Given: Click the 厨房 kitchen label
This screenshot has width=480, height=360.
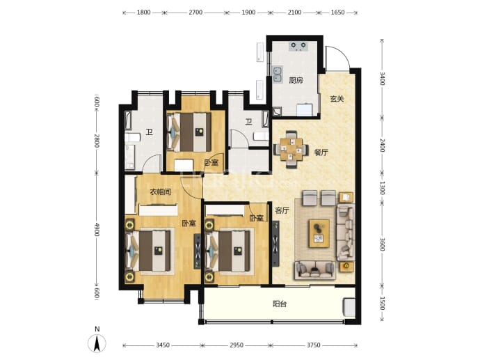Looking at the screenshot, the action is pos(296,81).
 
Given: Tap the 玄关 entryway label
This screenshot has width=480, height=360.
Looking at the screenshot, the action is pos(337,99).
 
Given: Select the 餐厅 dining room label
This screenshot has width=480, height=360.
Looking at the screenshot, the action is pos(321,152).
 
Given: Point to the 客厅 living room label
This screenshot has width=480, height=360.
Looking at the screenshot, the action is pos(282,210).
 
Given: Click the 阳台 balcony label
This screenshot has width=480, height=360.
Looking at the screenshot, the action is pos(280,304).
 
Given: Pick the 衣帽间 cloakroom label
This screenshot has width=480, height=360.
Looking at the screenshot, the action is pos(161,192).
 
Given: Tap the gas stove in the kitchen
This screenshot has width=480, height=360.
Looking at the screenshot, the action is pos(298,46).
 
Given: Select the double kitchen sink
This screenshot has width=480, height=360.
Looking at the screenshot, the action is pos(278,75).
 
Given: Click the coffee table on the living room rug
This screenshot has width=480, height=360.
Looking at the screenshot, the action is pos(319,233).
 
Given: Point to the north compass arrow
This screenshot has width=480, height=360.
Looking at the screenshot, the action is pos(97,343).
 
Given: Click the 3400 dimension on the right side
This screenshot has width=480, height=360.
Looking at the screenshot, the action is pos(383,79).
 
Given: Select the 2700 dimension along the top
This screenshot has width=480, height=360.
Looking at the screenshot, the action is pos(195,13).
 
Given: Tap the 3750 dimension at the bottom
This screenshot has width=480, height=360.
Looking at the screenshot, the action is pos(314,345).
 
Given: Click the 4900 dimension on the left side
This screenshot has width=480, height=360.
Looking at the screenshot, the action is pos(97,230).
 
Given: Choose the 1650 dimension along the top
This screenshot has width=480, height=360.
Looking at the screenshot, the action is pos(337,13).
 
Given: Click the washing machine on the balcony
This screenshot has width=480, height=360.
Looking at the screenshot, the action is pos(349,308).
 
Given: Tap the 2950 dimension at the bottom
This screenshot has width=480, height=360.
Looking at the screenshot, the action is pos(237,345).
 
